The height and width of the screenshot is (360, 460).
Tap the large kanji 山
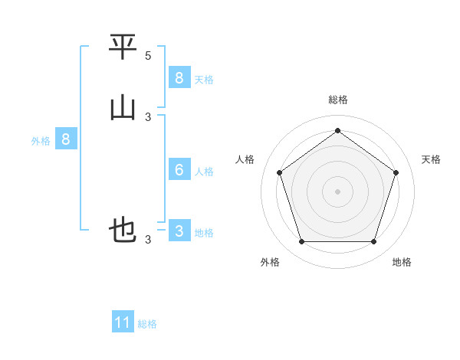pos(123,108)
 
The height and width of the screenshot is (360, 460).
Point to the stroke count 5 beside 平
pos(148,56)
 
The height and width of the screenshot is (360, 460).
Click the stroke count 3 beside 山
pos(148,117)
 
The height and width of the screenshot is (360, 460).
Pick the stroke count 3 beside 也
pos(148,240)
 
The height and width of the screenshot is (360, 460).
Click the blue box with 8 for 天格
pos(179,77)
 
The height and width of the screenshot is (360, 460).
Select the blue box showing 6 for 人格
pos(179,169)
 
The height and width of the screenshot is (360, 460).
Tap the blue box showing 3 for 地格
pos(179,231)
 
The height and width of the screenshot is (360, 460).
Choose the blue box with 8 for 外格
pos(66,139)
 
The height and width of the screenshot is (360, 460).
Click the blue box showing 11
pos(123,322)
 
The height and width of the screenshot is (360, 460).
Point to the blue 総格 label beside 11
pos(147,324)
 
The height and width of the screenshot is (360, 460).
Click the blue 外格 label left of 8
pos(41,141)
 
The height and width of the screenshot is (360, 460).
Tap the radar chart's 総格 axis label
pos(338,100)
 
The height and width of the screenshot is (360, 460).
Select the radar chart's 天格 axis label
pos(432,159)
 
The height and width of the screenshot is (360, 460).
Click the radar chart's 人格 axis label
pos(245,159)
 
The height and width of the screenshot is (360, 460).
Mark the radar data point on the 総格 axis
pos(338,131)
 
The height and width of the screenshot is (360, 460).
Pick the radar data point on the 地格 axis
pos(374,242)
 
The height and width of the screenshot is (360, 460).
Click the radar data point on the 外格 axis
pos(301,242)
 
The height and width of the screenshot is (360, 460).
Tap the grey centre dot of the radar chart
pos(338,191)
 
